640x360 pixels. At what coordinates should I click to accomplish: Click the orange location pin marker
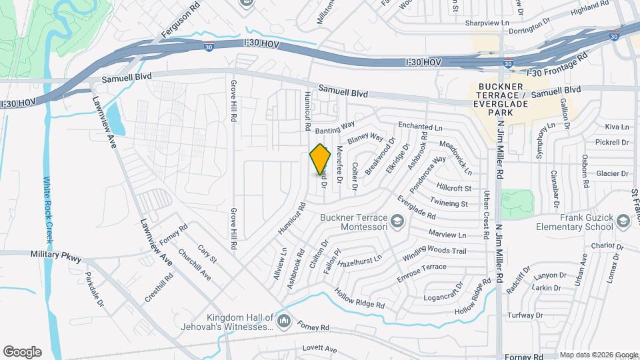[321, 159]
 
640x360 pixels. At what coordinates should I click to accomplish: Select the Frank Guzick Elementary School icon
[623, 221]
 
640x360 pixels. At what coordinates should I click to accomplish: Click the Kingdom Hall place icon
[285, 321]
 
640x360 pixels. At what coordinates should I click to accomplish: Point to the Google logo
[22, 352]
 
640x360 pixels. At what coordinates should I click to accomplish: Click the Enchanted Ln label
[420, 126]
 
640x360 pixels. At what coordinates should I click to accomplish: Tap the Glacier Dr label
[613, 173]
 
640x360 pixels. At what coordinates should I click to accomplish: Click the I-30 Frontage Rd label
[557, 65]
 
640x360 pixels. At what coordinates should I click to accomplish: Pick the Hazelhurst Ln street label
[359, 261]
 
